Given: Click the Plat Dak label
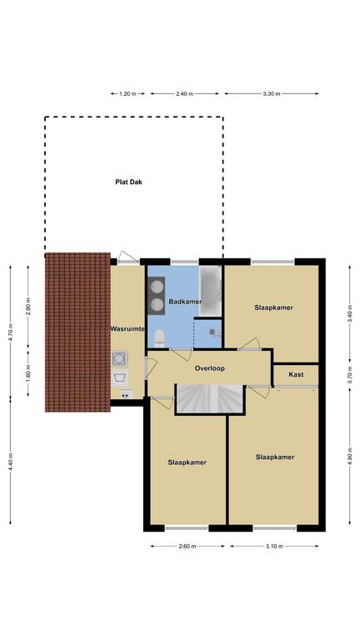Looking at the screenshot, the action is (128, 182).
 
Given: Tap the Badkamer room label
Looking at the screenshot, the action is (185, 302).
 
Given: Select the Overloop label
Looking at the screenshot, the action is (210, 368).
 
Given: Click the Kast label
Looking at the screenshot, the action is (296, 374).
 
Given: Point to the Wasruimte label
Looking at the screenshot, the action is (127, 328).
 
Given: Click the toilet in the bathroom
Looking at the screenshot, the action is (160, 338).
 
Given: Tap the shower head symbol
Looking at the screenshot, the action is (214, 332).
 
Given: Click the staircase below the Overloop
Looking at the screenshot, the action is (210, 399).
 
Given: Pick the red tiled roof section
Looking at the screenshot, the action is (77, 332).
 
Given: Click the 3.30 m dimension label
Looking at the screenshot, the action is (272, 94).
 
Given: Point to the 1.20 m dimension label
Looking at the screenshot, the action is (127, 94).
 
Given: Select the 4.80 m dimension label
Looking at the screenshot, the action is (350, 456).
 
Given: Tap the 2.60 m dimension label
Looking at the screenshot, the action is (187, 546).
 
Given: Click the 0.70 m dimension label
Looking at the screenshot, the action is (350, 376).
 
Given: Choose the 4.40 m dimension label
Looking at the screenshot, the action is (10, 462).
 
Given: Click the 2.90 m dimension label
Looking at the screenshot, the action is (28, 307).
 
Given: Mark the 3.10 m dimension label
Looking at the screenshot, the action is (274, 546).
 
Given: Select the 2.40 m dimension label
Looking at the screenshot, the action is (184, 94).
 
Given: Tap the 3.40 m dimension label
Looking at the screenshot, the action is (350, 313).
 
